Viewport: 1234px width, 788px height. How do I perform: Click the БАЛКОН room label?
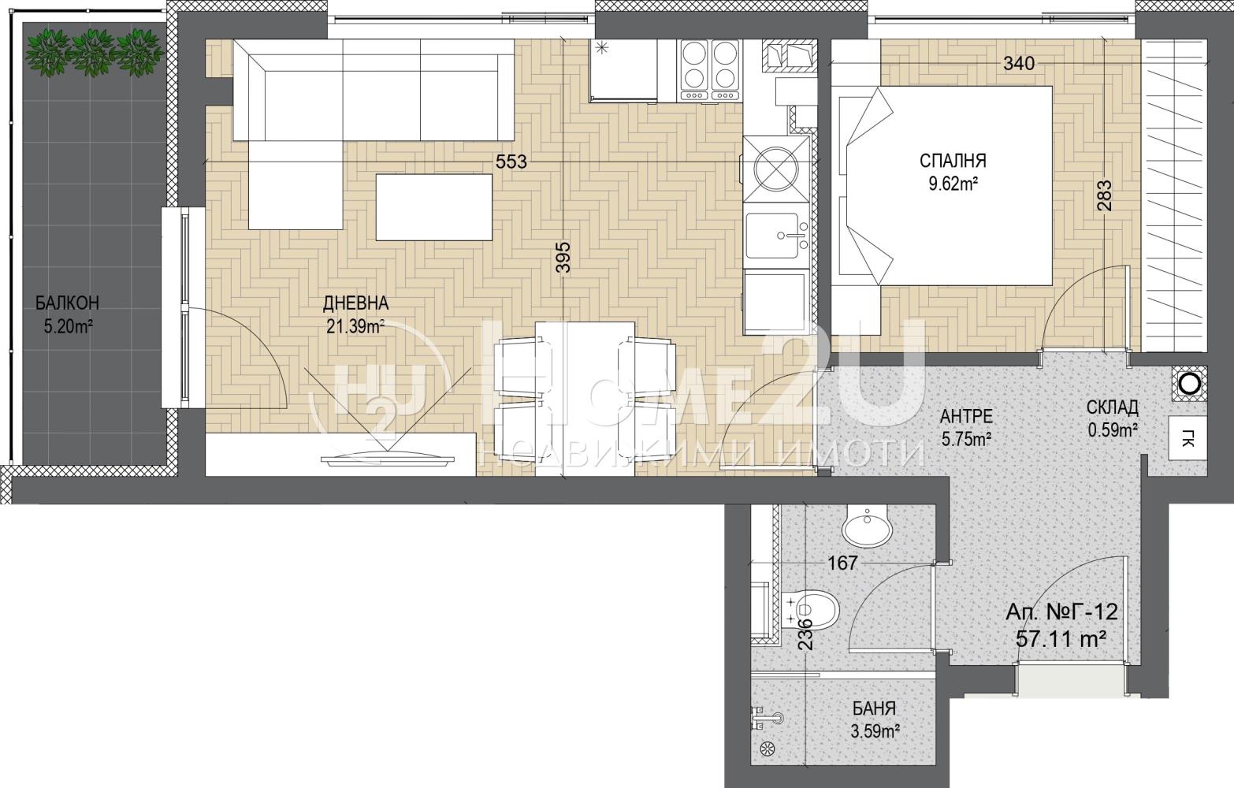click(x=67, y=303)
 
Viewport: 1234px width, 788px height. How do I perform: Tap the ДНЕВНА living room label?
click(x=356, y=303)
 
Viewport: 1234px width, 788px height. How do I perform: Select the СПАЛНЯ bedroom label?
click(x=953, y=161)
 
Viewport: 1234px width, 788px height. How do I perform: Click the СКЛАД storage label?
click(x=1112, y=407)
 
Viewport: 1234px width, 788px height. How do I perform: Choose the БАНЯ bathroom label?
click(x=874, y=708)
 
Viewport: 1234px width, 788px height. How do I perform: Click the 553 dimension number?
click(x=511, y=162)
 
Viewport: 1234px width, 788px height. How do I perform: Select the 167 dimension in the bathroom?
click(x=843, y=563)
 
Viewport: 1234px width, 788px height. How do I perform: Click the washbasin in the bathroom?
click(x=867, y=525)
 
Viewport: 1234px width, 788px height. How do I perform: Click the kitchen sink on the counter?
click(x=775, y=236)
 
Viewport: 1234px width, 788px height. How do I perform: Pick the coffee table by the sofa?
click(x=433, y=207)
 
